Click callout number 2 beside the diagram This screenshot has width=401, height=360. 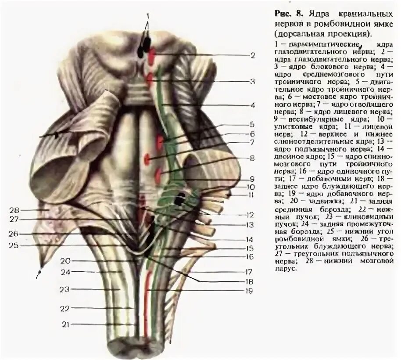252,56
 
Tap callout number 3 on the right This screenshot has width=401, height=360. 252,81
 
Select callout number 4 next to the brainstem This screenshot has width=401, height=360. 252,105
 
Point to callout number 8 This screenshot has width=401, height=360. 252,158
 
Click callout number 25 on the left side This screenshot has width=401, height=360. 14,245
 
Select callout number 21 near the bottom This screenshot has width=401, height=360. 65,324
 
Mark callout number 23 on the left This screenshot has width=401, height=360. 65,289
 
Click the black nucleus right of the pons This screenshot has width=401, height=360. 179,200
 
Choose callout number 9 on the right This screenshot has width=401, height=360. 252,179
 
